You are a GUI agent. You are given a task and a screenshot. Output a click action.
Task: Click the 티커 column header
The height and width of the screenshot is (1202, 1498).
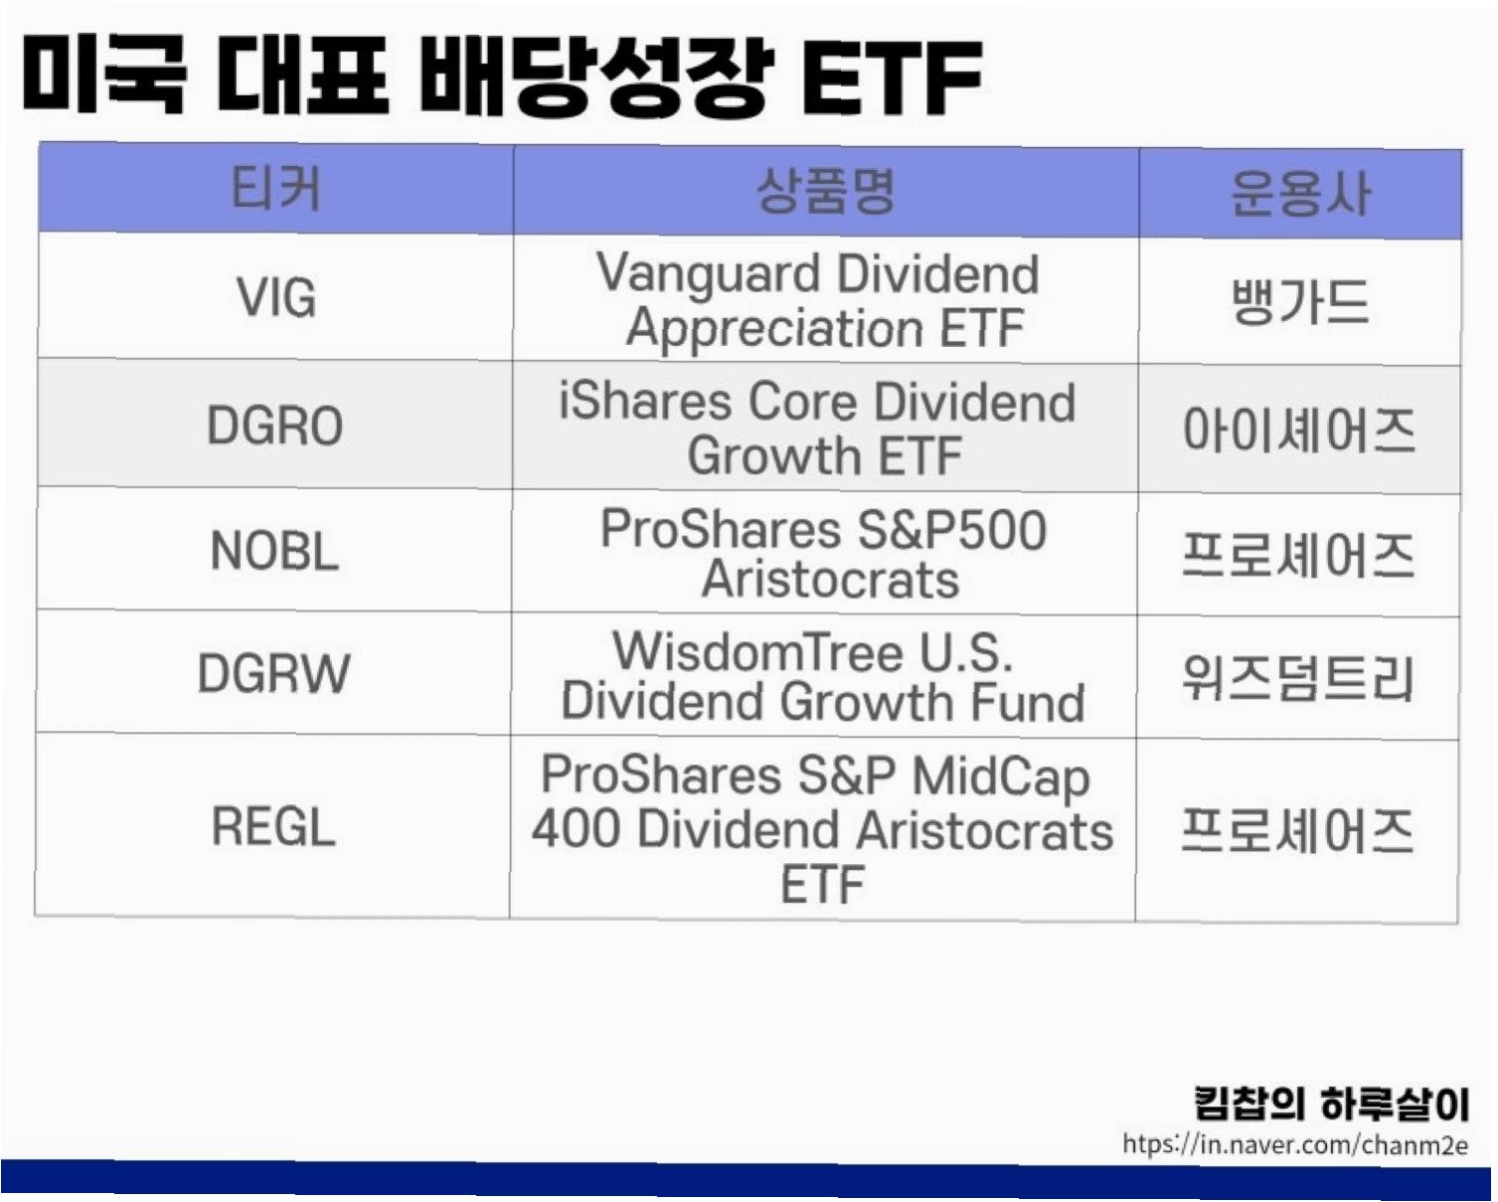pos(275,189)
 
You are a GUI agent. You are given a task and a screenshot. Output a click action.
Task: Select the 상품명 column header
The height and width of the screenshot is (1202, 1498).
pos(826,190)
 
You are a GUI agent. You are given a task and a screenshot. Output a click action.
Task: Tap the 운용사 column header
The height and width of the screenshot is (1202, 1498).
pos(1300,194)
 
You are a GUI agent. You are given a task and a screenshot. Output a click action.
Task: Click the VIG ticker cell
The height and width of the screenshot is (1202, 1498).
pos(275,297)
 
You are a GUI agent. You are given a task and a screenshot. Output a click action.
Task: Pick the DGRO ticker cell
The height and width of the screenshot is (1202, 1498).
pos(275,426)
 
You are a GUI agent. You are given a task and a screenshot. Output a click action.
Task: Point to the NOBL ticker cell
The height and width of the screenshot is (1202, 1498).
pos(274,550)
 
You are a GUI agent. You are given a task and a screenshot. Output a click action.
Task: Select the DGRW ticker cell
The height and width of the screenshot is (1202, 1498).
pos(273,673)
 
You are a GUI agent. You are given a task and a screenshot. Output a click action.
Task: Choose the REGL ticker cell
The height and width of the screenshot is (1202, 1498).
pos(273,826)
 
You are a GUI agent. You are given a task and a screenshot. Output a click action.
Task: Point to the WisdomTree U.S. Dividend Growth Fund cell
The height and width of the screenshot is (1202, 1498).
pos(823,676)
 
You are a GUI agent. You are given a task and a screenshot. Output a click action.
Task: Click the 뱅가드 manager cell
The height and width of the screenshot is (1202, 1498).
pos(1299,301)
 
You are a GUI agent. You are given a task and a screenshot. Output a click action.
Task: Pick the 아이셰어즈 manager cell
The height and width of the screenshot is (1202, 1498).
pos(1299,429)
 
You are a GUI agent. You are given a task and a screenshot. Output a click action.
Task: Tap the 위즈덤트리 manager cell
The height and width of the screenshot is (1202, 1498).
pos(1297,678)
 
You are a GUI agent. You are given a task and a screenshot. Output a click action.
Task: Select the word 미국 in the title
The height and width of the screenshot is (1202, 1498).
pos(103,74)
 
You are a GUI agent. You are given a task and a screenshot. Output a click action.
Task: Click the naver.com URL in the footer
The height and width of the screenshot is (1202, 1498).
pos(1295,1144)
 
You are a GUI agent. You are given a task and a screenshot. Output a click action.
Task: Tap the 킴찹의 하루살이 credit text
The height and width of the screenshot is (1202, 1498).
pos(1331,1104)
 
